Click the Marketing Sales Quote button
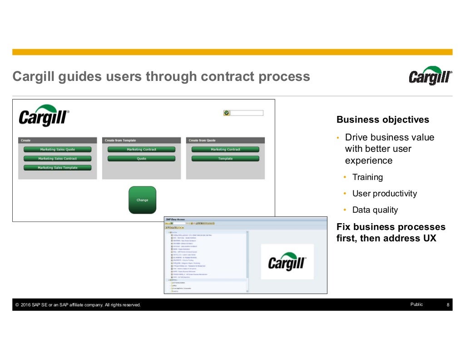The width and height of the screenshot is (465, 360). tap(57, 150)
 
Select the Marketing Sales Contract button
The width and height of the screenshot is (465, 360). tap(57, 159)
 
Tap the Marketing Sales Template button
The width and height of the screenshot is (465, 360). tap(57, 168)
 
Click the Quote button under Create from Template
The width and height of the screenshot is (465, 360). tap(141, 159)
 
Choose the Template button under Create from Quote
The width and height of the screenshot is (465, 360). tap(225, 159)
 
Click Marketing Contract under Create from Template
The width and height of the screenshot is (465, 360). tap(141, 150)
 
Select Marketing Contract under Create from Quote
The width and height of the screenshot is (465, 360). tap(225, 150)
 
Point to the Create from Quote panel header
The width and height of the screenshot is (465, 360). tap(225, 140)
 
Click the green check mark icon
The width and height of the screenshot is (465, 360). tap(227, 113)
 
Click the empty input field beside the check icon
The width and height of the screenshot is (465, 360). tap(247, 113)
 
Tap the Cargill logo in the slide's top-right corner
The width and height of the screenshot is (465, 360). tap(430, 76)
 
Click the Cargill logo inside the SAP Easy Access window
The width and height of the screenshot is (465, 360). tap(287, 262)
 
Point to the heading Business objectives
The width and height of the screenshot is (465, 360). tap(382, 120)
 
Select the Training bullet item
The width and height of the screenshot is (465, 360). tap(367, 177)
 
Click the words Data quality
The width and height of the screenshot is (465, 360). tap(375, 210)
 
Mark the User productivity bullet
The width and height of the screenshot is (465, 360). tap(384, 194)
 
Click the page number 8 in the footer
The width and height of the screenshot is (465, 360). tap(448, 305)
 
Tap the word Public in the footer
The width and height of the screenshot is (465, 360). tap(416, 305)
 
